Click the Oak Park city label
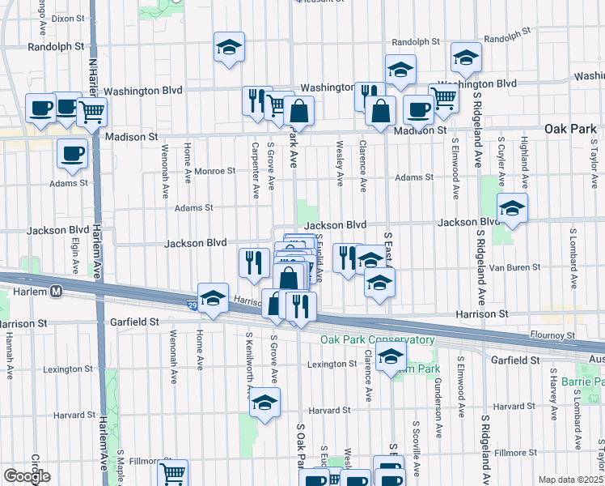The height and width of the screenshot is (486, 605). click(570, 129)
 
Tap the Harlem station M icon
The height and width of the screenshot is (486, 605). click(57, 291)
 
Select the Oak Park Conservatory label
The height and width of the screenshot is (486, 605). click(378, 340)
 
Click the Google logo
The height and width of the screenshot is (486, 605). click(27, 476)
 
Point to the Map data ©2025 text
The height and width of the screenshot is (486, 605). click(570, 480)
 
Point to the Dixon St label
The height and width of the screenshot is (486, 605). click(68, 17)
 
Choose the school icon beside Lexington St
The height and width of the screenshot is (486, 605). click(391, 357)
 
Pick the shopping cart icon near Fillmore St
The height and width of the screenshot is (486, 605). click(172, 473)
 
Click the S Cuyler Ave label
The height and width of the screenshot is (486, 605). click(501, 164)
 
